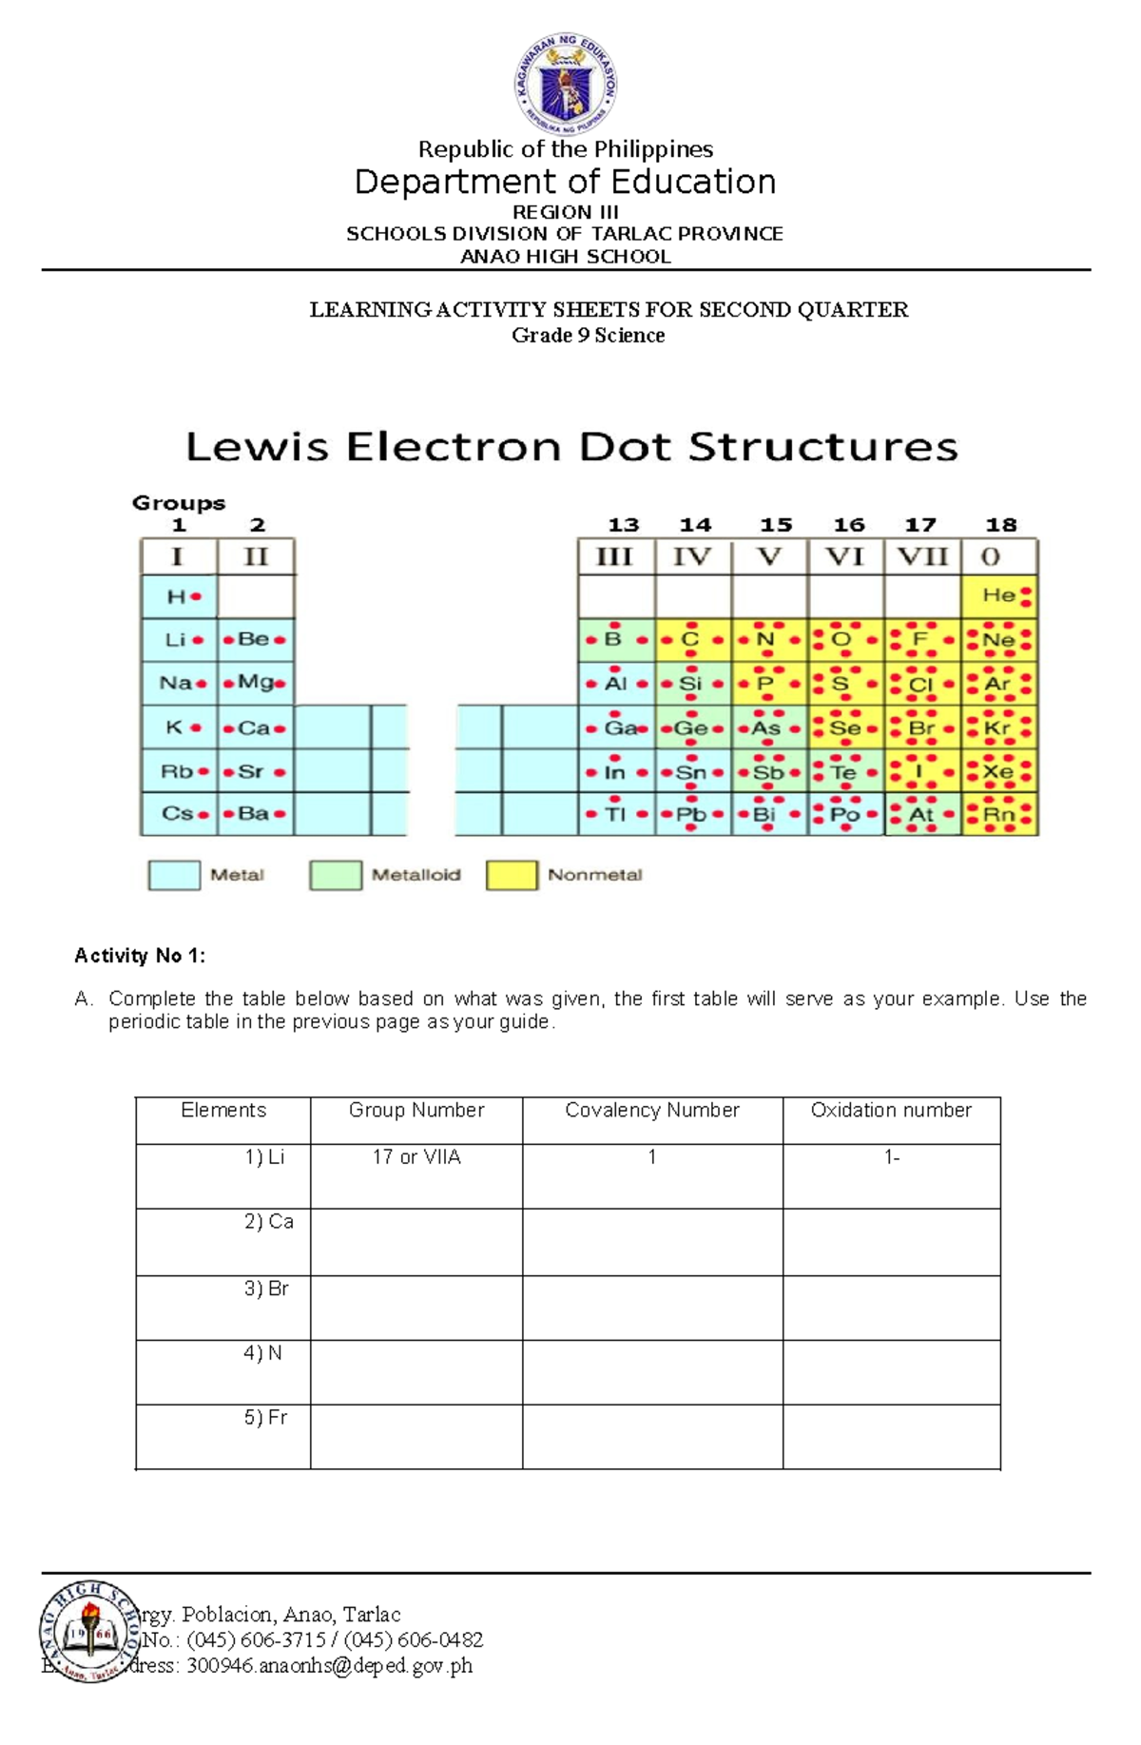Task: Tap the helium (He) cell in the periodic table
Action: [x=999, y=596]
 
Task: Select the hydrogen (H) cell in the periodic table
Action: [x=179, y=596]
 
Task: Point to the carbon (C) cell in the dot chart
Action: [x=692, y=640]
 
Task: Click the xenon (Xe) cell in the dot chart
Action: [x=999, y=771]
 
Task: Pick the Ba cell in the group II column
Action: [x=255, y=814]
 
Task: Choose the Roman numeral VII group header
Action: [x=922, y=556]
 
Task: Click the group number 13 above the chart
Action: [x=623, y=525]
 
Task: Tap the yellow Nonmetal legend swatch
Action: [x=512, y=875]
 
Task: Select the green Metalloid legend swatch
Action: [x=335, y=875]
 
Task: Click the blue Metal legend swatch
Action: [x=174, y=875]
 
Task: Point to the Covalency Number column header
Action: [x=652, y=1111]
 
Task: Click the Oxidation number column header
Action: [x=891, y=1111]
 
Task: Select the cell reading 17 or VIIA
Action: [x=416, y=1157]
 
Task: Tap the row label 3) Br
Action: [x=266, y=1289]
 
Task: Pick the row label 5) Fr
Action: [x=265, y=1418]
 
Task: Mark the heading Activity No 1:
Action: [x=140, y=956]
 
